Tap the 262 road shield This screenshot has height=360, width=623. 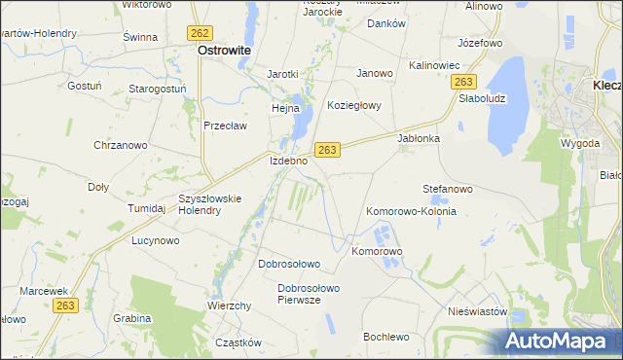[x=201, y=32]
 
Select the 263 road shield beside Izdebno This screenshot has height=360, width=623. [x=327, y=149]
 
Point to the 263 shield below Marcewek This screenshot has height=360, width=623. [x=65, y=306]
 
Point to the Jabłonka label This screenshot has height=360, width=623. [x=420, y=138]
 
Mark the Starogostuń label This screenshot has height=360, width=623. [x=158, y=89]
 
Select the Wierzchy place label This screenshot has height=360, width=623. [x=230, y=306]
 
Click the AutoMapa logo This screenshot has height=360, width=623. [x=556, y=341]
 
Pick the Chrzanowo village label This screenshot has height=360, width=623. [x=120, y=145]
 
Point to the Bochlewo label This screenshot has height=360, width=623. [x=385, y=337]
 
